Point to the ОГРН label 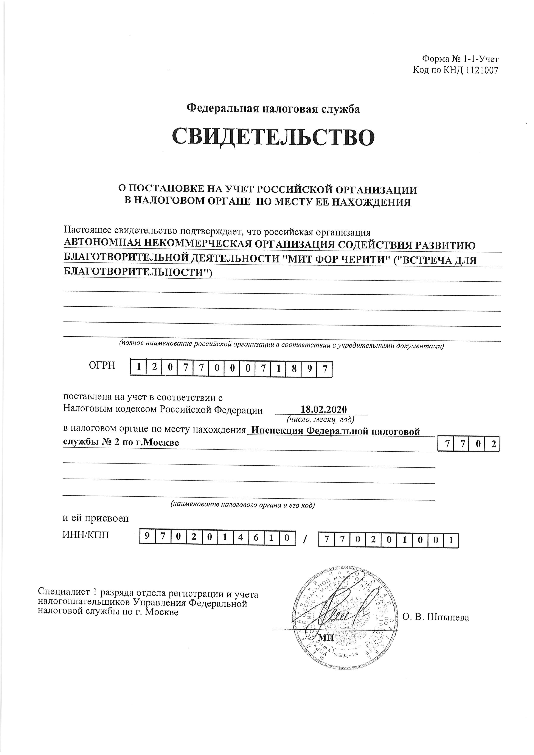point(102,365)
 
